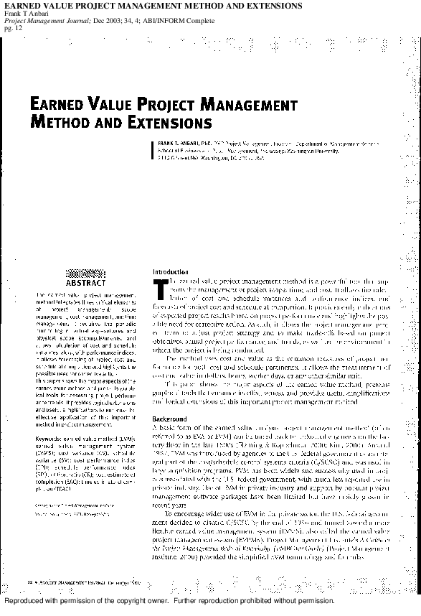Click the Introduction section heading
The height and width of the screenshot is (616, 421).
170,272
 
